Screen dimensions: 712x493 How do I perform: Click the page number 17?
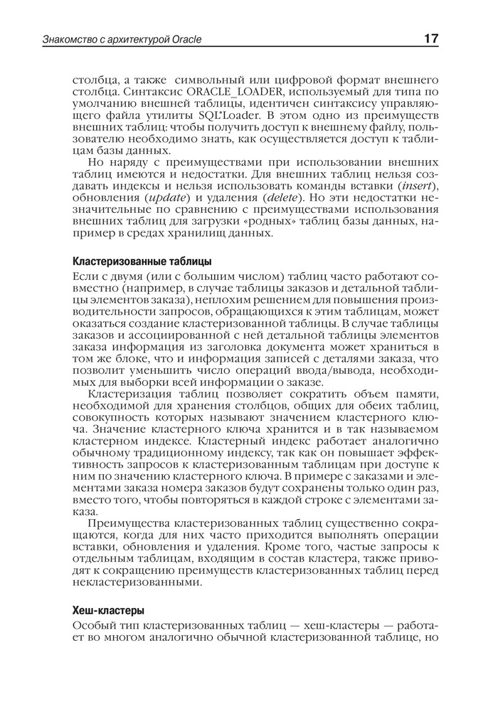(430, 38)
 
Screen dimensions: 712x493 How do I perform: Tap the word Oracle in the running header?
(186, 39)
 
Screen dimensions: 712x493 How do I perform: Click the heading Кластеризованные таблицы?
(142, 261)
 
